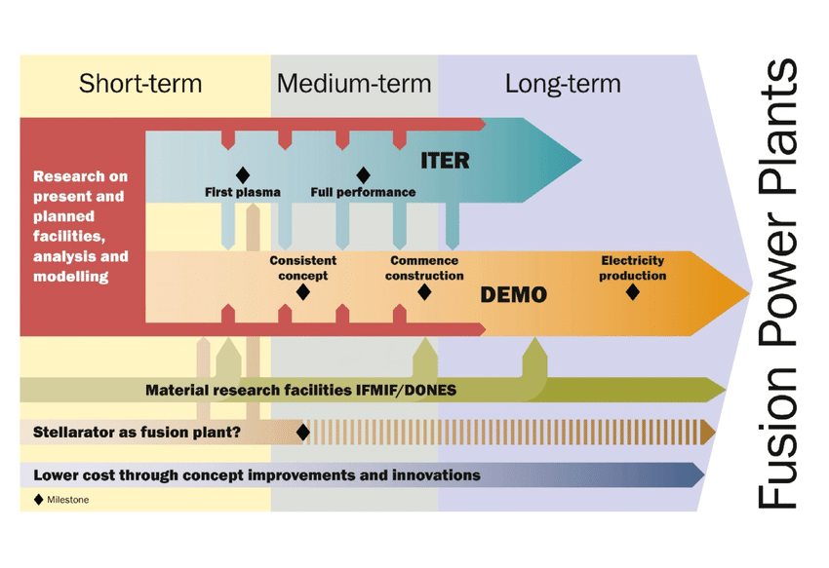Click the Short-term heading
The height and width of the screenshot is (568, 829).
[x=140, y=83]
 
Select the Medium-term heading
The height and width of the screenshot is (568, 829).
[x=353, y=83]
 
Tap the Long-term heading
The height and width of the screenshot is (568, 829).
[x=563, y=83]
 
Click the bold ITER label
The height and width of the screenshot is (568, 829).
[x=445, y=160]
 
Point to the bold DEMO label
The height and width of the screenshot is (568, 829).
[x=513, y=294]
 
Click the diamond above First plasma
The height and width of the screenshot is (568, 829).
[x=243, y=174]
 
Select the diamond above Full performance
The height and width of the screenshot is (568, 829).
[x=363, y=174]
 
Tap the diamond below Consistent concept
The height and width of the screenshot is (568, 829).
[x=302, y=291]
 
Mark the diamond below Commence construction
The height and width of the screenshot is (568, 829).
[x=424, y=291]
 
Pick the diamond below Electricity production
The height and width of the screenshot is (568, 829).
[x=632, y=291]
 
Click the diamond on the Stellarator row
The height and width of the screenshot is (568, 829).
[x=302, y=431]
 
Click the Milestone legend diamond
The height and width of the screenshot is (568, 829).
[x=38, y=499]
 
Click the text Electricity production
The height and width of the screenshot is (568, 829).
[x=632, y=268]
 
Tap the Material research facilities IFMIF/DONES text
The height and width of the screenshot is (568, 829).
[x=300, y=391]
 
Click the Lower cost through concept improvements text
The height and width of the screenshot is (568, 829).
[x=257, y=475]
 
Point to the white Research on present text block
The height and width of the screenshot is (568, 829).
[x=80, y=226]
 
